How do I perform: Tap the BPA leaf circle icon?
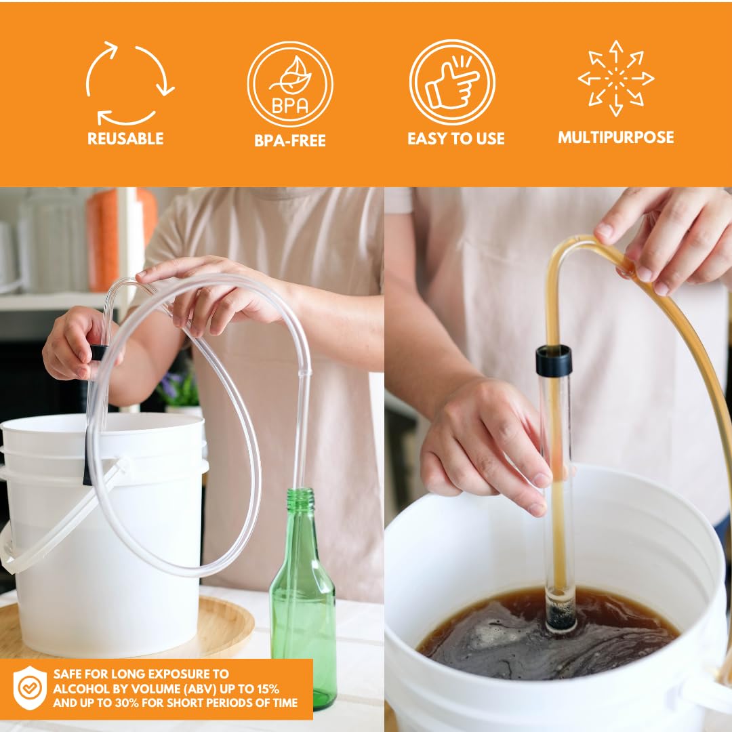pyautogui.click(x=290, y=84)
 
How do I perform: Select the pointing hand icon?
pyautogui.click(x=452, y=83)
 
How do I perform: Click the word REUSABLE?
pyautogui.click(x=125, y=139)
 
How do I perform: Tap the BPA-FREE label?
pyautogui.click(x=290, y=141)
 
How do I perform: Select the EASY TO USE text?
pyautogui.click(x=455, y=139)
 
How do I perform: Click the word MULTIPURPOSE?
pyautogui.click(x=615, y=138)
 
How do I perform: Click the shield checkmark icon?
pyautogui.click(x=29, y=688)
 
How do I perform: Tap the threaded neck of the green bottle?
pyautogui.click(x=301, y=500)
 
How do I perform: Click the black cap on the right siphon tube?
pyautogui.click(x=554, y=360)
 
